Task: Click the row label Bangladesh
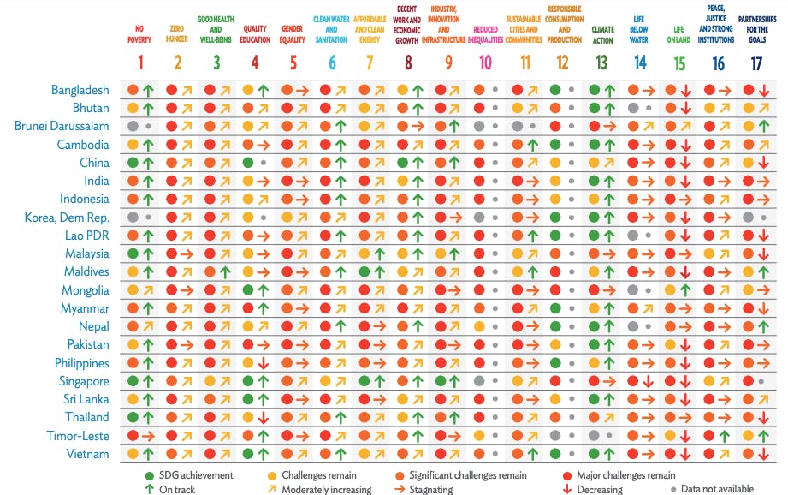80,89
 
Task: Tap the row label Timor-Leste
78,436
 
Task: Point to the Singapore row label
84,381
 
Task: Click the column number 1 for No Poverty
140,62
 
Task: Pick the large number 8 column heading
408,62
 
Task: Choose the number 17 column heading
756,62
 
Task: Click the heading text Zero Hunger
178,34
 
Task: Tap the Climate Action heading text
602,34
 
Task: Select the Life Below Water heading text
640,28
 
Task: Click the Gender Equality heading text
293,34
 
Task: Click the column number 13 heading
602,62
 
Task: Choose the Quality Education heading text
255,34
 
